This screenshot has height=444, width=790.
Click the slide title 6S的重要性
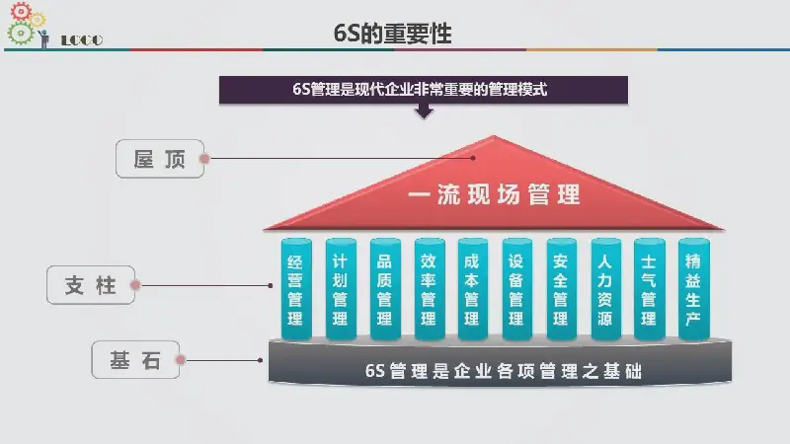coord(392,34)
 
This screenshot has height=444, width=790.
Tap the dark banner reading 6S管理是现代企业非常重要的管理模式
coord(424,90)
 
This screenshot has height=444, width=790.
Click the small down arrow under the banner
coord(425,111)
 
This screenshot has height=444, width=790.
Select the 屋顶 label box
coord(160,159)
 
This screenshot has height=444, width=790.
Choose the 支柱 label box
coord(91,285)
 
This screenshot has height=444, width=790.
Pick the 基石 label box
coord(135,359)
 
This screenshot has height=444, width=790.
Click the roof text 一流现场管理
coord(495,194)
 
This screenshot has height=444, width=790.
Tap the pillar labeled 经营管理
coord(296,289)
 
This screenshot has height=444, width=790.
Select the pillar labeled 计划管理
coord(341,289)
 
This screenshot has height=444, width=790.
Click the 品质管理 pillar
coord(385,289)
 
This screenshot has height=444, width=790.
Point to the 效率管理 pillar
coord(430,289)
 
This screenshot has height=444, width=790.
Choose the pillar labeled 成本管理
coord(473,289)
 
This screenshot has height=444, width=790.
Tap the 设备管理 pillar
coord(516,289)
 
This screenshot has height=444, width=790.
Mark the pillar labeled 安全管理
coord(561,289)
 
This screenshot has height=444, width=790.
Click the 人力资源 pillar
coord(605,289)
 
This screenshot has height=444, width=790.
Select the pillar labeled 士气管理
coord(650,289)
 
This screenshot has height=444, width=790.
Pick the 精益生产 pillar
coord(694,289)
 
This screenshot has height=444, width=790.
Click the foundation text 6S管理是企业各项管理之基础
coord(504,371)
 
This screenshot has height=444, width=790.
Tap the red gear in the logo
coord(21,11)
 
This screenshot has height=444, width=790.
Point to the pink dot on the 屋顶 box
coord(204,159)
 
